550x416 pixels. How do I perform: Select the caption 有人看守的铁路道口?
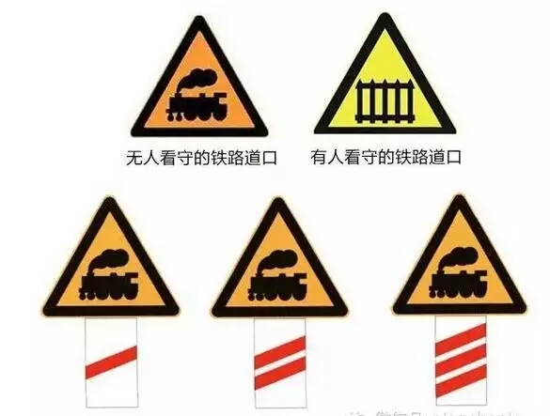pos(385,158)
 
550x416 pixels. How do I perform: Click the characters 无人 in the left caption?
pos(139,158)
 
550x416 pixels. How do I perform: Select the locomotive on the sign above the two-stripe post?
pos(279,281)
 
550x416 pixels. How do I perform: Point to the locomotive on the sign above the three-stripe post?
pos(460,279)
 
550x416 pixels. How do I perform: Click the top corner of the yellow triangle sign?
pos(384,19)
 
